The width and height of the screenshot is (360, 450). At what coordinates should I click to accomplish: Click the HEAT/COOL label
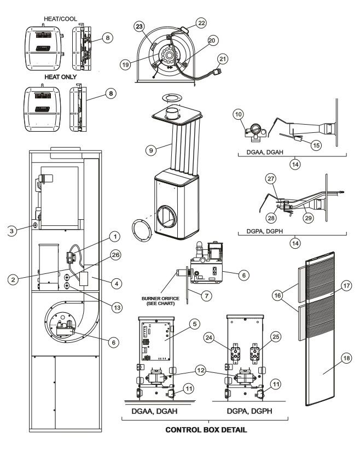tap(60, 19)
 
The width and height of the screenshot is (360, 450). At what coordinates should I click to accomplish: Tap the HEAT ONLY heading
tap(61, 77)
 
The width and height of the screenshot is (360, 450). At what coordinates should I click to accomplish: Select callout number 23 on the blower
tap(139, 27)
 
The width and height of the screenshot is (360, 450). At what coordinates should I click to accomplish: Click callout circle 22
tap(201, 23)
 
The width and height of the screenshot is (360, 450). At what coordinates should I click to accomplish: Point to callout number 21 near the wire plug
tap(223, 59)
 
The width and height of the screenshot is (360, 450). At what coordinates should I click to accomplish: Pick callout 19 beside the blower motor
tap(125, 65)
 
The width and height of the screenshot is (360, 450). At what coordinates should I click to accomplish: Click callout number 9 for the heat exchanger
tap(151, 150)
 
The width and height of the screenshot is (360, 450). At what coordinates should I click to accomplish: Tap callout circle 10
tap(239, 114)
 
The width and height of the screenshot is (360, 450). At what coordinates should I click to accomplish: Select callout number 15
tap(316, 145)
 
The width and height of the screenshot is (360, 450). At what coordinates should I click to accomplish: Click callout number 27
tap(271, 179)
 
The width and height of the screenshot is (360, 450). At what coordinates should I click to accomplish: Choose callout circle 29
tap(309, 218)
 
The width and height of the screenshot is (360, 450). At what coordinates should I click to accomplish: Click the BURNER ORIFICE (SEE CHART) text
tap(160, 301)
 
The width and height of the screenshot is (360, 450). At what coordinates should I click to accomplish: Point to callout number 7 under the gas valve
tap(206, 296)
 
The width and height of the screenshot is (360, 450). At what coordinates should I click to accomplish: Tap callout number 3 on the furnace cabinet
tap(11, 231)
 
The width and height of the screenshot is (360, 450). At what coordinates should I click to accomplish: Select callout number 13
tap(117, 308)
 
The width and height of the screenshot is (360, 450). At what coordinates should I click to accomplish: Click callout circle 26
tap(115, 255)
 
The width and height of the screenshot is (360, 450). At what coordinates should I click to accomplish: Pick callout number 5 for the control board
tap(195, 324)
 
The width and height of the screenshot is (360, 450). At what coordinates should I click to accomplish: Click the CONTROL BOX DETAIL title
tap(206, 430)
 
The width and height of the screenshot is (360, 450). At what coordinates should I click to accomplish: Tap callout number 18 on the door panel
tap(346, 358)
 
